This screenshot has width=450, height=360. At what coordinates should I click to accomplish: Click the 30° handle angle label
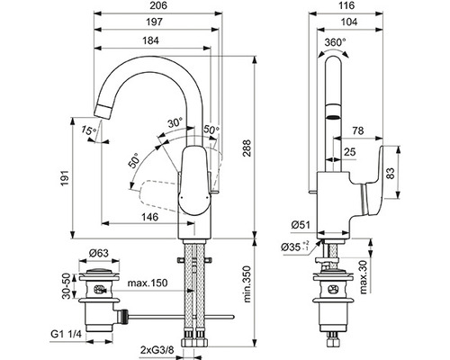175,122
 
